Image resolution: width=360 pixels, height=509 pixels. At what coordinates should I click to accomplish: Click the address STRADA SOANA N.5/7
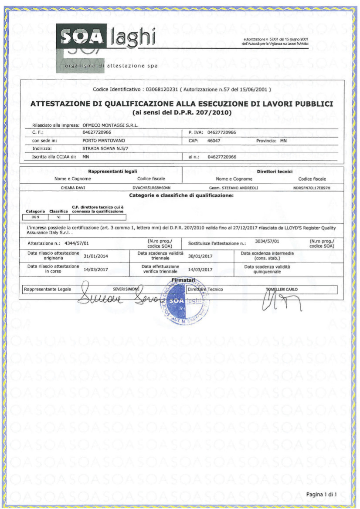click(104, 148)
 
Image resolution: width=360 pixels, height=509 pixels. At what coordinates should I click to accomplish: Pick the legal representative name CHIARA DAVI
click(73, 188)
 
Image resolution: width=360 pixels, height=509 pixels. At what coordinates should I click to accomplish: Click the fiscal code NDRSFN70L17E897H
click(312, 188)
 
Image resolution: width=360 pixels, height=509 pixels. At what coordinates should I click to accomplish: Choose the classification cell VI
click(54, 216)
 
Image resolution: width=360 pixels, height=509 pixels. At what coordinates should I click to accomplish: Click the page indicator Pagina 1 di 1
click(324, 495)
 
